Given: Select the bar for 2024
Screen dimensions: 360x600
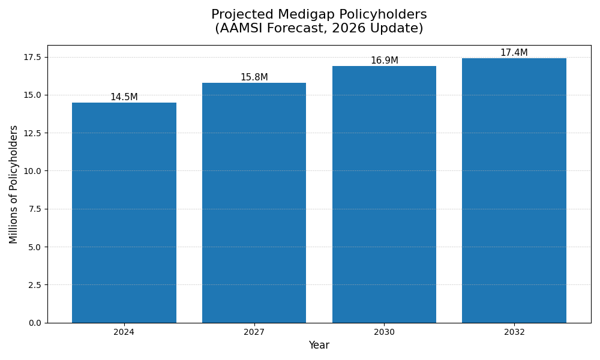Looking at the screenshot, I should [x=124, y=212].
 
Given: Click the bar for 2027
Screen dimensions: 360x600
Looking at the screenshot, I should [x=254, y=203].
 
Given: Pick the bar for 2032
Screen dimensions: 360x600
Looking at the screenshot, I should [x=514, y=190].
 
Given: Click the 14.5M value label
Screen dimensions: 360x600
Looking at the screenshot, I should [x=124, y=97].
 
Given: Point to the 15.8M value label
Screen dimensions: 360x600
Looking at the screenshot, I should [x=254, y=77].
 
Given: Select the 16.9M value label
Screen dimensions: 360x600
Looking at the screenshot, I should [x=384, y=61].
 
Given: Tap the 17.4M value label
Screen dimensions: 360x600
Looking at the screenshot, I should [x=514, y=53].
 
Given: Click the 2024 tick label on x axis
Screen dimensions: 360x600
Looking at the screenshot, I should [x=124, y=332].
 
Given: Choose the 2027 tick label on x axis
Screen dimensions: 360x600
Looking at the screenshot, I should [x=254, y=332].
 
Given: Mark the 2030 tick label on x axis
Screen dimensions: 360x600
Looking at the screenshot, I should [x=384, y=332].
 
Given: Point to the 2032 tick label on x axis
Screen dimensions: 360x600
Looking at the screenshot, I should [x=514, y=332].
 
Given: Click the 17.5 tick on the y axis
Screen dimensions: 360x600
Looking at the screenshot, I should [x=33, y=57].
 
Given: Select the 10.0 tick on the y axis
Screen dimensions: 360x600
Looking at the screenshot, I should [x=33, y=171].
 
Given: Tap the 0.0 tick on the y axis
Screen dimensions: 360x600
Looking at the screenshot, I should [x=35, y=323].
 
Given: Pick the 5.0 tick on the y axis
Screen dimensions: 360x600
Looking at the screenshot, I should [x=35, y=247].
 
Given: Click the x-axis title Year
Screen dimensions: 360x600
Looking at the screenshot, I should [x=319, y=346].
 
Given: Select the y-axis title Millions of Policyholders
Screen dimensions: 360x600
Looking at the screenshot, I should [x=14, y=184].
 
